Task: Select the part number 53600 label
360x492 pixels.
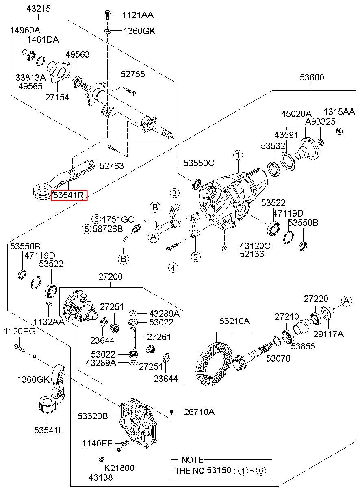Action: point(312,77)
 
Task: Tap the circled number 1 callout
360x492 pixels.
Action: point(238,155)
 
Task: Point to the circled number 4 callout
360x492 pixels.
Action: point(173,267)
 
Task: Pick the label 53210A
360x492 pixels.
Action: point(235,321)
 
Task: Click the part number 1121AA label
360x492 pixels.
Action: point(138,15)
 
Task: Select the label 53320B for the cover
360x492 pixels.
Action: point(93,416)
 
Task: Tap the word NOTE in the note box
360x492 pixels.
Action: point(192,460)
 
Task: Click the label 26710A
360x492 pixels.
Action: point(199,412)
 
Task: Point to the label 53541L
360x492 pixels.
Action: point(48,430)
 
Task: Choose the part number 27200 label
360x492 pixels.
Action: point(110,277)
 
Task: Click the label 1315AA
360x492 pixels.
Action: point(339,112)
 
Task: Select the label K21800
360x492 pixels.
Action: point(119,468)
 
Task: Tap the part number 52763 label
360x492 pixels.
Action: point(112,166)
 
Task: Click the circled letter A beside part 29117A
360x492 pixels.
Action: point(346,301)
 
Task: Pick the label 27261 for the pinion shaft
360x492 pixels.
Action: point(159,337)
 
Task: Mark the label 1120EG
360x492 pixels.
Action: point(20,331)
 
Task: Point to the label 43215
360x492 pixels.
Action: point(39,9)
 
